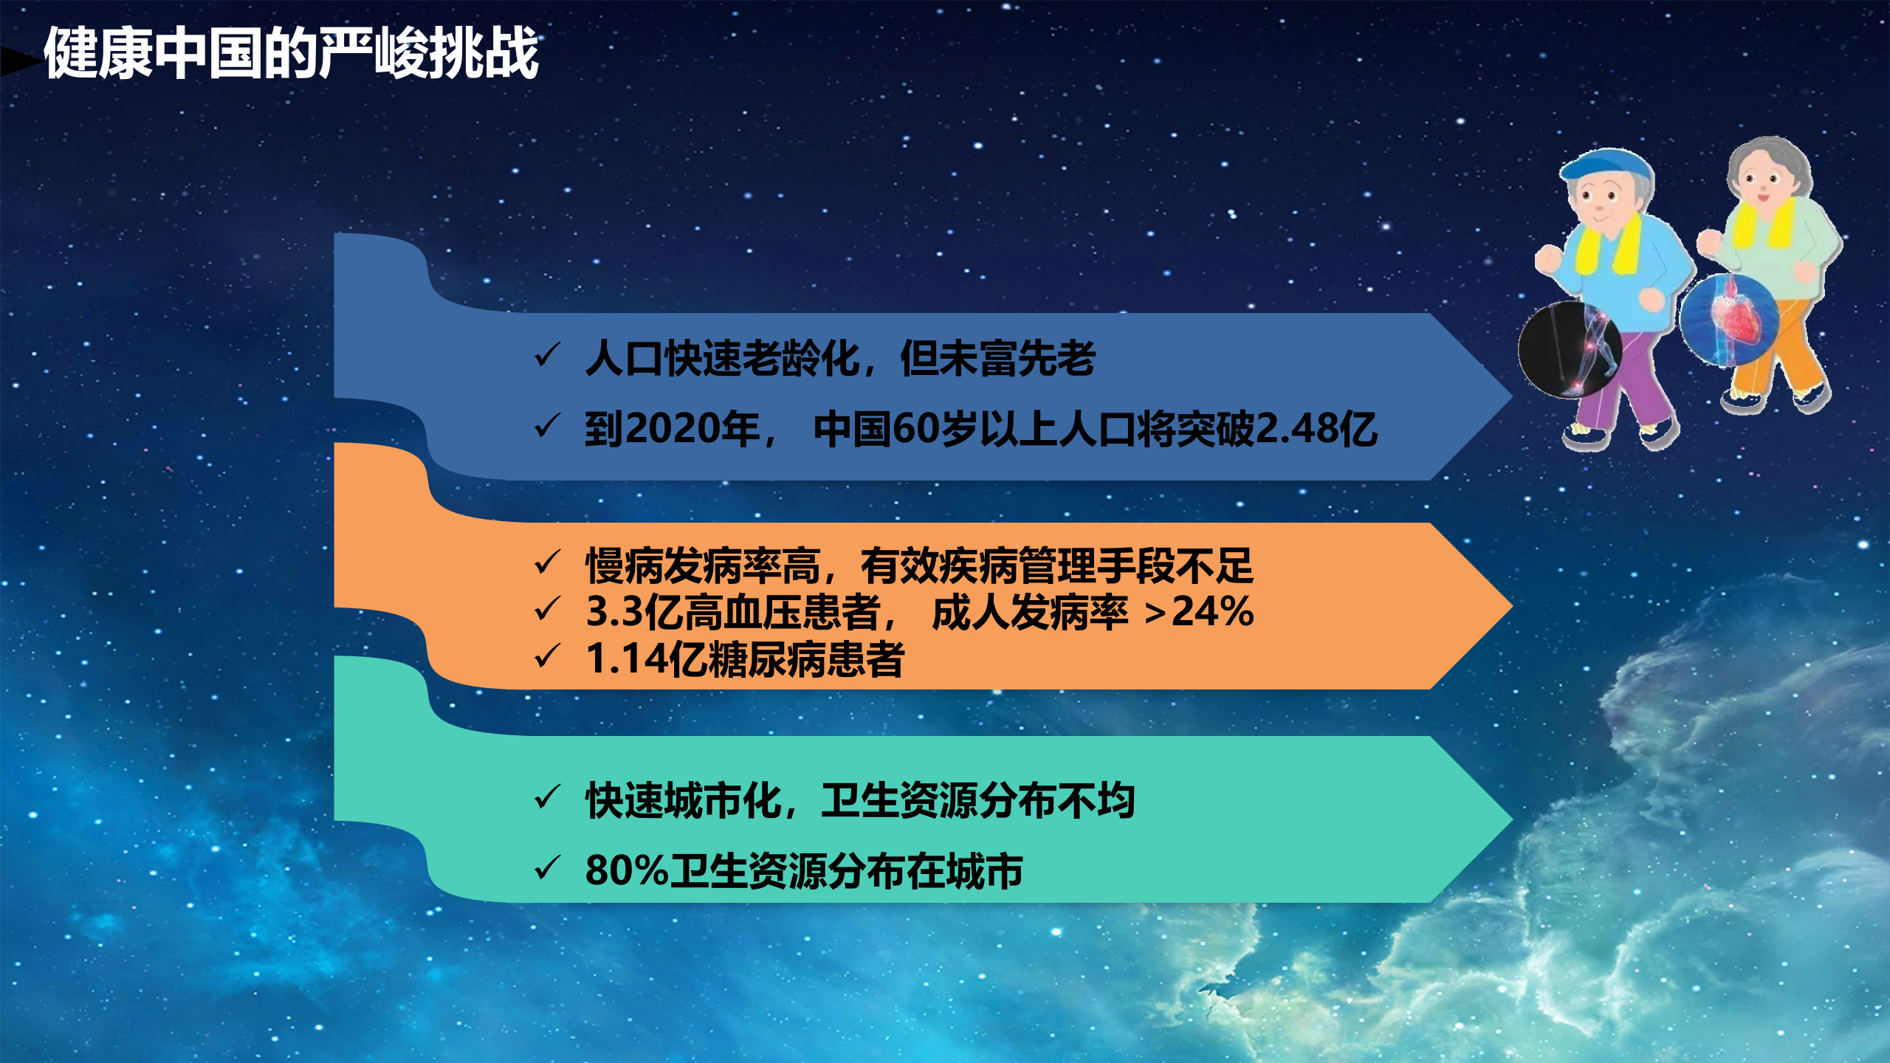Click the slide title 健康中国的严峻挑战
292,53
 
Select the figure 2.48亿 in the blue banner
1316,429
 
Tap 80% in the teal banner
626,870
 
